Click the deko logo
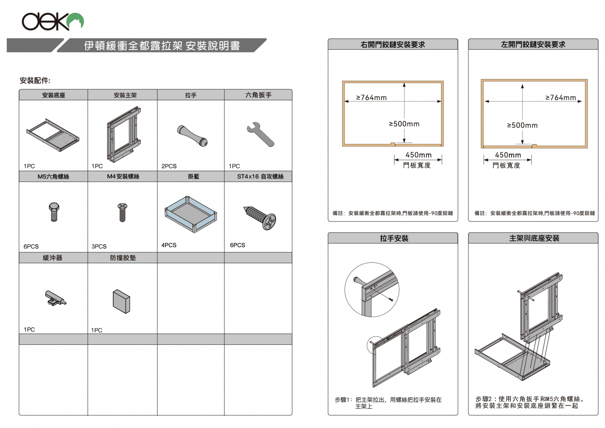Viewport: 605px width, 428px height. (x=53, y=21)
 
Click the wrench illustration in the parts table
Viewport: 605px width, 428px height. (x=260, y=134)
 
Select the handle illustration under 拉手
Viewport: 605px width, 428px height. (x=192, y=135)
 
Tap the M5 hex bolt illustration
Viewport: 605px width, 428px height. (x=54, y=211)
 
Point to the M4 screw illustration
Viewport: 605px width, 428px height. (x=122, y=212)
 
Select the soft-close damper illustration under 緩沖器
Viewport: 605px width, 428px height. (x=55, y=298)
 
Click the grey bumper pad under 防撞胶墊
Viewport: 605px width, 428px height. (x=121, y=301)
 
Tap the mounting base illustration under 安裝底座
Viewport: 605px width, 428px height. (x=53, y=135)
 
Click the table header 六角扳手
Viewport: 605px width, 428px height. (x=258, y=95)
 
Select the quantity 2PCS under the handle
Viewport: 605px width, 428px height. (x=169, y=166)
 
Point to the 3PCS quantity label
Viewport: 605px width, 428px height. (x=99, y=246)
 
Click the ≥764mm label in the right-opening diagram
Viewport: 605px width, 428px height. (x=371, y=98)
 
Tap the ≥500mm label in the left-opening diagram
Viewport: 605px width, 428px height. (x=522, y=125)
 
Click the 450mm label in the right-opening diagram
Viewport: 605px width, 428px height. (x=418, y=155)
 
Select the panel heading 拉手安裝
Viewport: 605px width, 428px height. (x=394, y=238)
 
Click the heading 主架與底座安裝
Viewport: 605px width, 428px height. (x=534, y=238)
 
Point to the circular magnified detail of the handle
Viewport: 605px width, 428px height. (x=371, y=290)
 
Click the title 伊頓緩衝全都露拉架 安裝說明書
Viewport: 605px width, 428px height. (x=162, y=46)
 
